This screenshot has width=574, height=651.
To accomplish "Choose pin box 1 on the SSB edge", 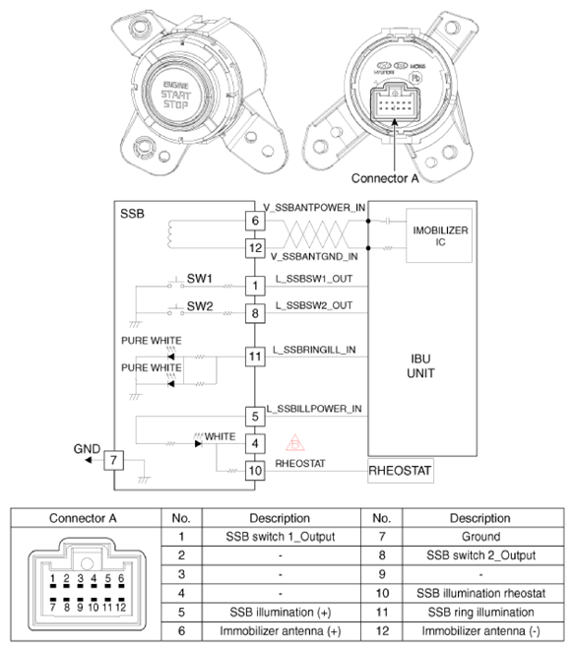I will coord(255,286).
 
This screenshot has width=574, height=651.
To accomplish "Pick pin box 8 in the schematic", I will coord(255,313).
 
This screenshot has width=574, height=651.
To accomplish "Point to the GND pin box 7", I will coord(115,460).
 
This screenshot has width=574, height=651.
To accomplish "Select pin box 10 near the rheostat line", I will coord(255,470).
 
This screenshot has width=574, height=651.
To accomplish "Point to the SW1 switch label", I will coord(200,278).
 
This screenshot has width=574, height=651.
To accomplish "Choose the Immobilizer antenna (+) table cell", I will coord(281,630).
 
